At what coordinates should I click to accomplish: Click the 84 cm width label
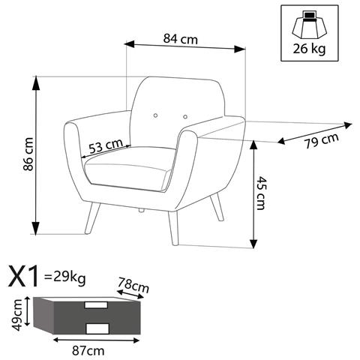click(181, 39)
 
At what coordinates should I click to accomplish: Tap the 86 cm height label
click(28, 154)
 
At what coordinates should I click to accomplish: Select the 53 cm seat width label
click(106, 145)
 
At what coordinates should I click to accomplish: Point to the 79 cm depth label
click(322, 141)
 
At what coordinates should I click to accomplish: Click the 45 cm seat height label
click(261, 193)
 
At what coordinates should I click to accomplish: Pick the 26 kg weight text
click(309, 49)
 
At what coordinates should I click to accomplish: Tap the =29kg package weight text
click(64, 278)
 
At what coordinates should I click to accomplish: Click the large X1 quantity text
click(24, 276)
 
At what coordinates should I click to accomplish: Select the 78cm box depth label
click(133, 285)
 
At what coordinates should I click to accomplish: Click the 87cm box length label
click(88, 351)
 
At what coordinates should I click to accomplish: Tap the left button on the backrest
click(155, 115)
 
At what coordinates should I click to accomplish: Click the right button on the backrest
click(185, 117)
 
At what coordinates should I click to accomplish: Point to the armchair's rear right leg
click(217, 207)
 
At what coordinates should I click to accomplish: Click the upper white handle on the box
click(96, 305)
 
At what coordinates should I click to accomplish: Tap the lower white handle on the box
click(97, 328)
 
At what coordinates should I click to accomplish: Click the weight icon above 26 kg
click(310, 25)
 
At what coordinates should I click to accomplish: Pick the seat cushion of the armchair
click(130, 169)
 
